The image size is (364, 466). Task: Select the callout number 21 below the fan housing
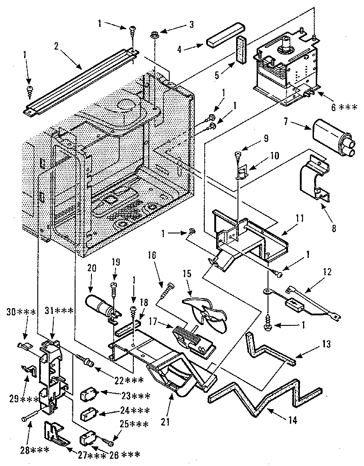click(x=165, y=421)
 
